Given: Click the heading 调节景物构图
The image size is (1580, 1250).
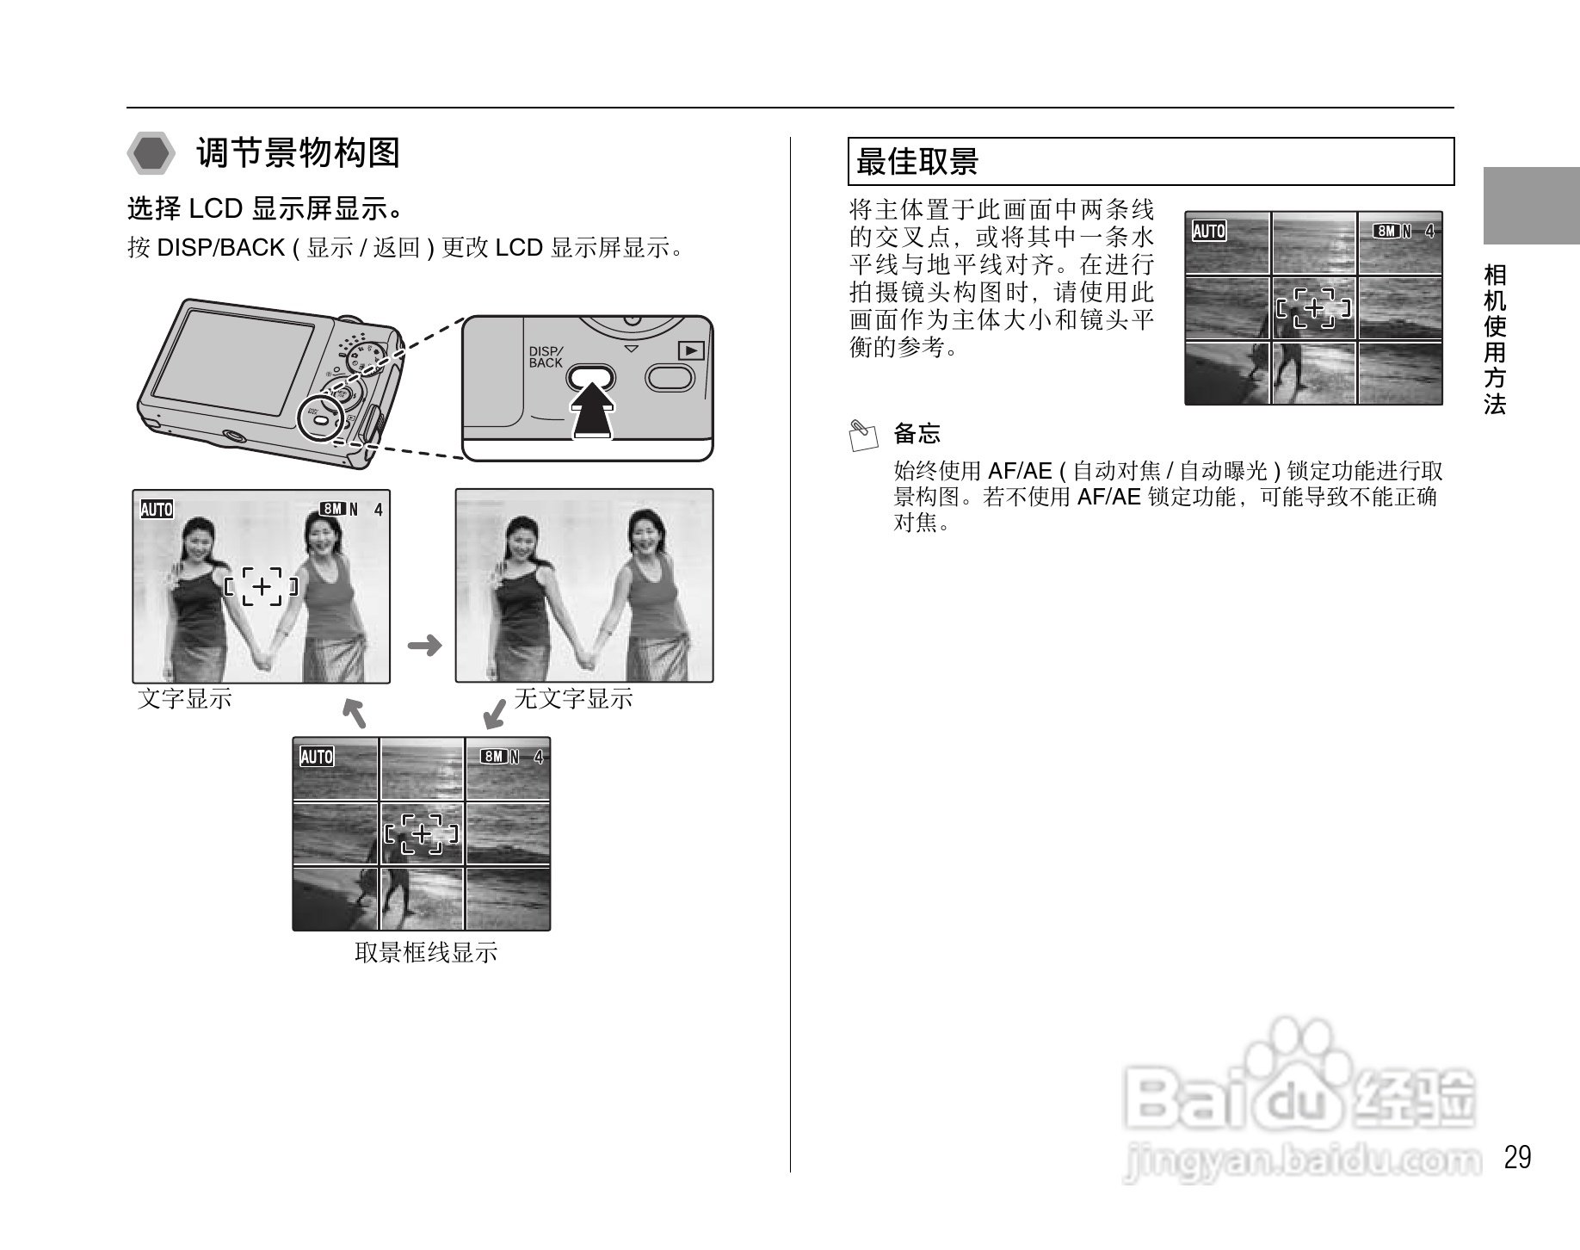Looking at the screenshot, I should pos(298,153).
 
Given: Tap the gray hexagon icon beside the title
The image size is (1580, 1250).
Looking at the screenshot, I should pos(152,154).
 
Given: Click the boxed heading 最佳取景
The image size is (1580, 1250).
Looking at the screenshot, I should pos(917,161).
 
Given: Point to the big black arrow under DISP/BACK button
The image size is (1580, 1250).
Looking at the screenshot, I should pos(593,411).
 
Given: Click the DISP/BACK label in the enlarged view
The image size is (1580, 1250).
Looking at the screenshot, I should pos(546,357).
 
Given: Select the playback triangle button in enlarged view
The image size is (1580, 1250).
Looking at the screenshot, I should pos(691,350).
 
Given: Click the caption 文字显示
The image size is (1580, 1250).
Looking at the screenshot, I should pos(185,698).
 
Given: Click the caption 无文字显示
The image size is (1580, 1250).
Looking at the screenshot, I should pos(573,698).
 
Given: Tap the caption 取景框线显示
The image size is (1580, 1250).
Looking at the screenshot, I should pos(425,952).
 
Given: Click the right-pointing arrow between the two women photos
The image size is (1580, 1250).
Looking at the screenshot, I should pos(423,645).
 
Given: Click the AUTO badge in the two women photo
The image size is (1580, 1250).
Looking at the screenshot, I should pos(157,510).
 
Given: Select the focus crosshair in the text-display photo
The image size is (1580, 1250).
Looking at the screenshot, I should pos(262,587).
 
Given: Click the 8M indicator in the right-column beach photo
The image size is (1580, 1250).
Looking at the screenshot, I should pos(1386,231).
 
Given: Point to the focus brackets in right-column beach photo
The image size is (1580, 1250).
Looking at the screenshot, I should pos(1313,308).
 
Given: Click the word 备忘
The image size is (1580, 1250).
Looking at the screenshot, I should pos(917,433).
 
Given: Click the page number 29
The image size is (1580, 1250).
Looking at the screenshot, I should pos(1517,1157).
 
